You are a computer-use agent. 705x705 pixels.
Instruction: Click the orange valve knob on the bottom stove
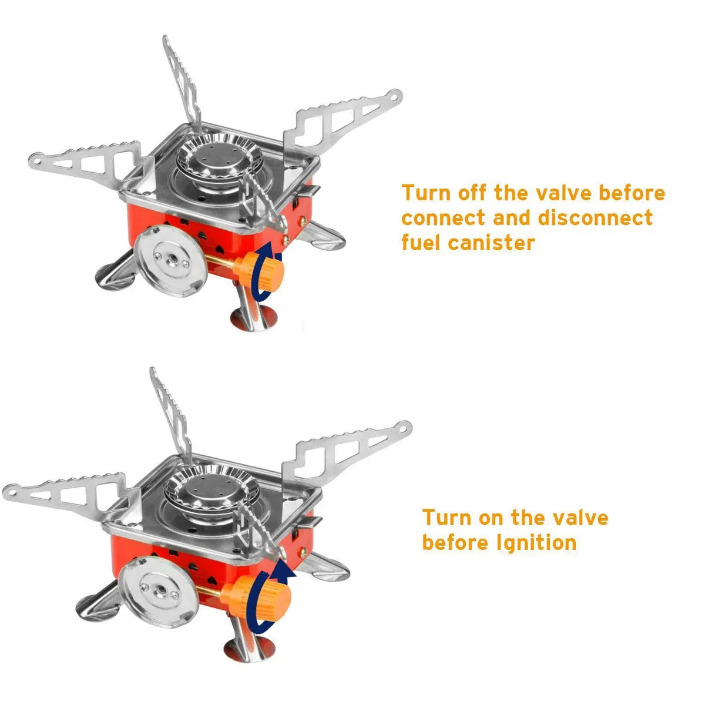pyautogui.click(x=273, y=597)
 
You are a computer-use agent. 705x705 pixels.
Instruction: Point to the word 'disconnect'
pyautogui.click(x=594, y=218)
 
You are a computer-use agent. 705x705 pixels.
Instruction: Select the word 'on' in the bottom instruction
pyautogui.click(x=491, y=518)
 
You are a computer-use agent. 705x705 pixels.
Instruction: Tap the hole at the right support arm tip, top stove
pyautogui.click(x=397, y=94)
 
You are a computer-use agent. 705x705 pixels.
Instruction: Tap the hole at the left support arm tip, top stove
pyautogui.click(x=38, y=159)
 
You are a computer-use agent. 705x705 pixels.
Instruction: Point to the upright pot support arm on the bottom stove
pyautogui.click(x=168, y=411)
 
